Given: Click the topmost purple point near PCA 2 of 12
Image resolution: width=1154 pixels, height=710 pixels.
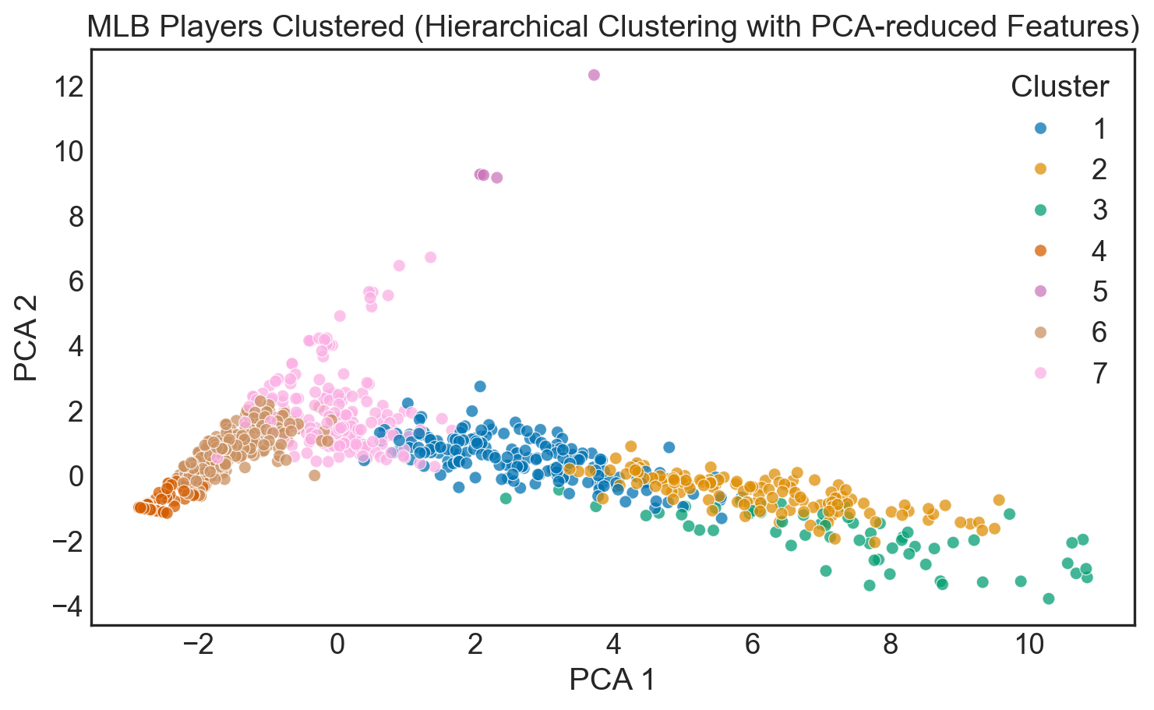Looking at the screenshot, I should pyautogui.click(x=594, y=75).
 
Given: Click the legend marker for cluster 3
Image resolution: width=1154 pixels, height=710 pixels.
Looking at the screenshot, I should pyautogui.click(x=1039, y=210).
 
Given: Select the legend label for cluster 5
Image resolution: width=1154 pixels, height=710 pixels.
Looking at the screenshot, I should pyautogui.click(x=1099, y=291).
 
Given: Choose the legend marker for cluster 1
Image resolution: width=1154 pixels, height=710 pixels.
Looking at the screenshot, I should pyautogui.click(x=1039, y=128).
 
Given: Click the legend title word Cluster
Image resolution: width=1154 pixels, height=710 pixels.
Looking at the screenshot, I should pyautogui.click(x=1059, y=87).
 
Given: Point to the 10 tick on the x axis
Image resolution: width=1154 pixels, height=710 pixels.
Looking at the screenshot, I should pyautogui.click(x=1029, y=645).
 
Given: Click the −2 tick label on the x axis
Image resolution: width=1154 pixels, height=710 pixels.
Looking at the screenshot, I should pyautogui.click(x=199, y=645).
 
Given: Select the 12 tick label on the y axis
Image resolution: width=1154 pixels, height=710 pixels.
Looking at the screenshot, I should pyautogui.click(x=69, y=87).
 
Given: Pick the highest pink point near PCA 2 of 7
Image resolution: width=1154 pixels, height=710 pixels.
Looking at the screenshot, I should pyautogui.click(x=430, y=257).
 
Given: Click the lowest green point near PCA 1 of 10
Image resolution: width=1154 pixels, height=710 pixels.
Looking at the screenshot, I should pyautogui.click(x=1048, y=599).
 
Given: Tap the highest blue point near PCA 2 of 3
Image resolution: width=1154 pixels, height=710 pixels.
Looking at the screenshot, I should pyautogui.click(x=480, y=386).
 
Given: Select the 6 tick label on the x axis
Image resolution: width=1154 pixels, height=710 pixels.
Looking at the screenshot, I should pyautogui.click(x=753, y=645).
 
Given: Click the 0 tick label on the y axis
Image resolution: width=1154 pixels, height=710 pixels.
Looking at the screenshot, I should pyautogui.click(x=75, y=476).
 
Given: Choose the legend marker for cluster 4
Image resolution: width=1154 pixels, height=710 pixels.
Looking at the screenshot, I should pyautogui.click(x=1039, y=250).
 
